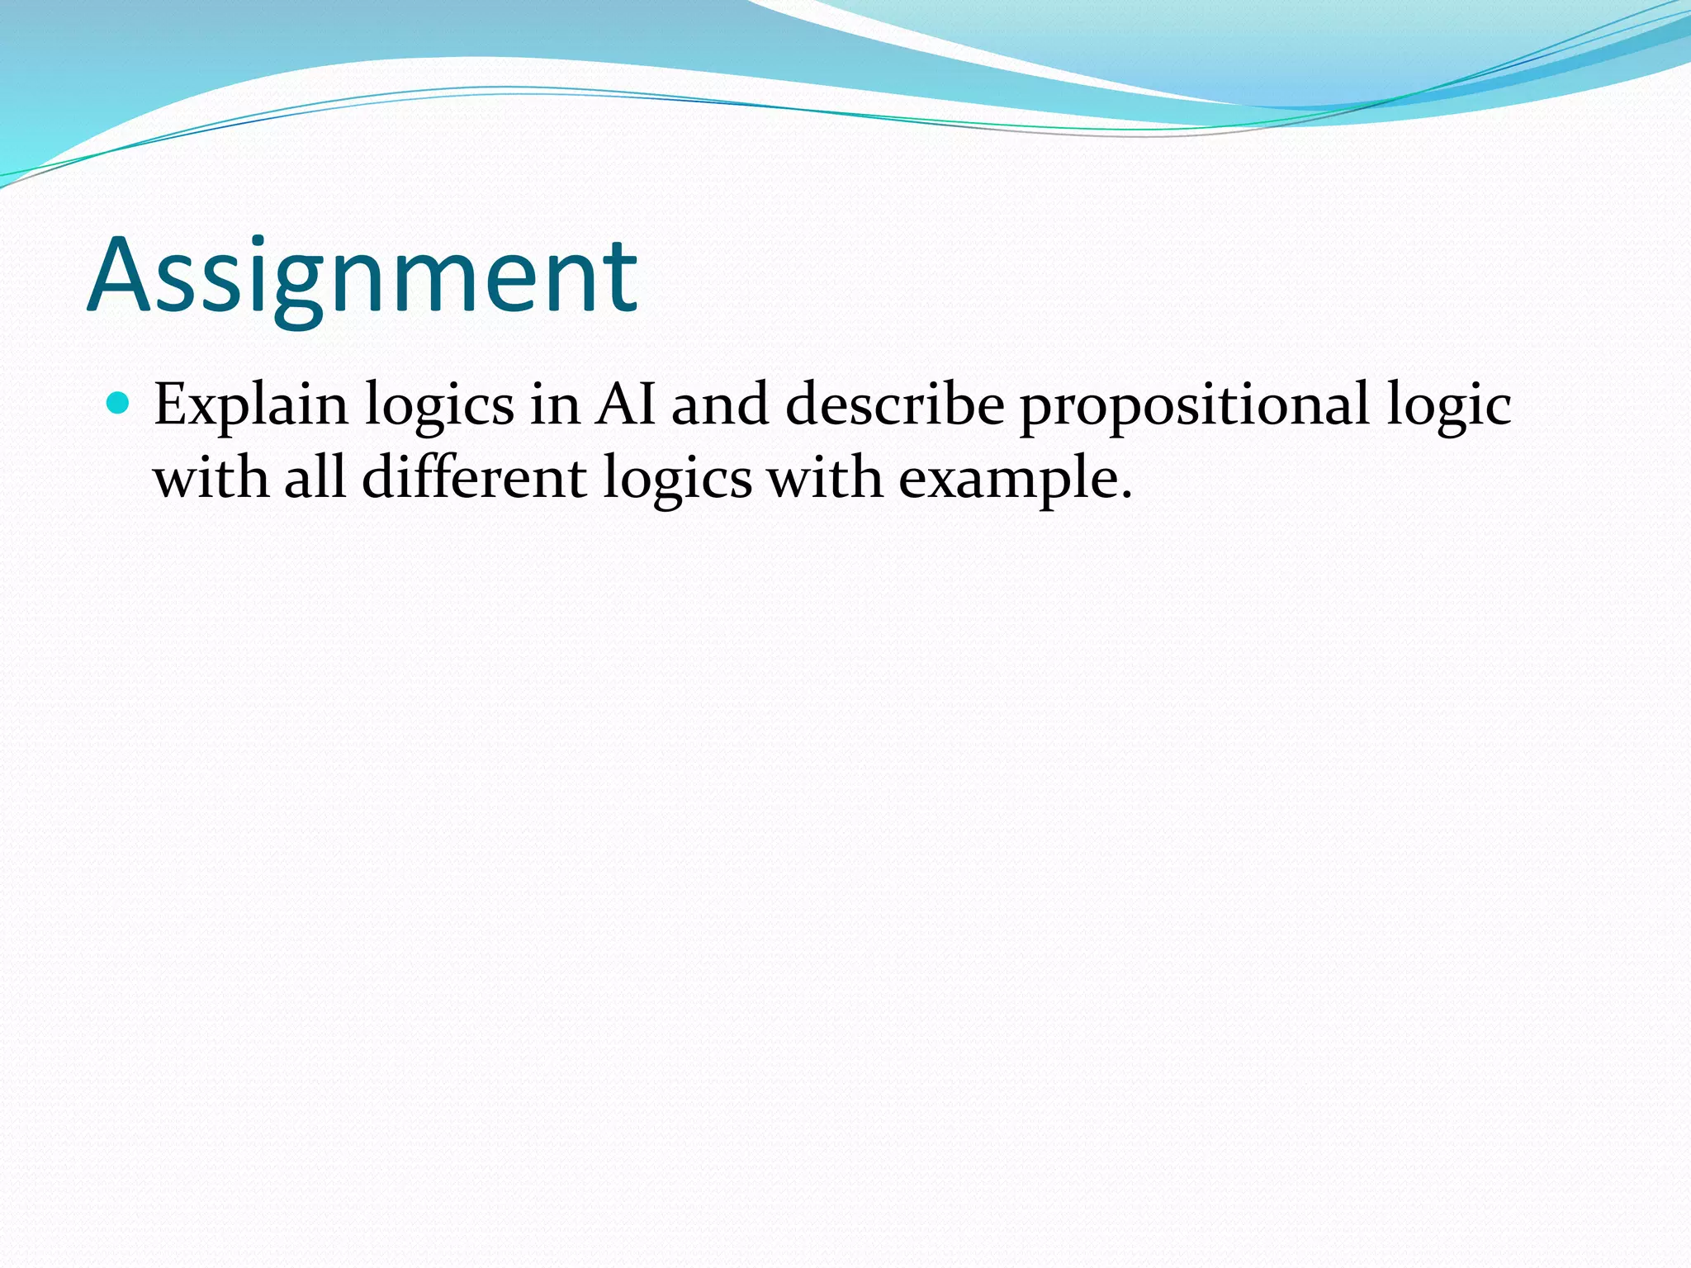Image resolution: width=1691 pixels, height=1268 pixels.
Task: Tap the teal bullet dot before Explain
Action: pyautogui.click(x=119, y=404)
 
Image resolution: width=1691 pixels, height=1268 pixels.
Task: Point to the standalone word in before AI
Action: pyautogui.click(x=554, y=405)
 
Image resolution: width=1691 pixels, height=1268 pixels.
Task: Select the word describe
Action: pyautogui.click(x=894, y=405)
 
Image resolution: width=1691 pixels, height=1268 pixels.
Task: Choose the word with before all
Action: pyautogui.click(x=211, y=477)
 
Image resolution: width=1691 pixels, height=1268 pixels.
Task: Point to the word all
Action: pyautogui.click(x=315, y=477)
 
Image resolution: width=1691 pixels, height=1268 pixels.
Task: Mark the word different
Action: pyautogui.click(x=474, y=477)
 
